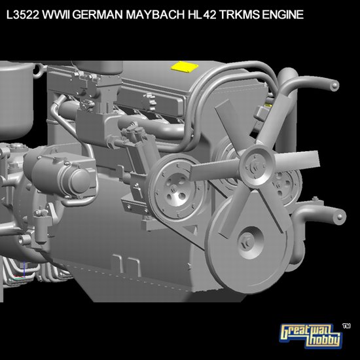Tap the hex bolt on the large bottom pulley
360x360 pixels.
pos(248,237)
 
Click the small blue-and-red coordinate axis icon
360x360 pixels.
pos(24,268)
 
